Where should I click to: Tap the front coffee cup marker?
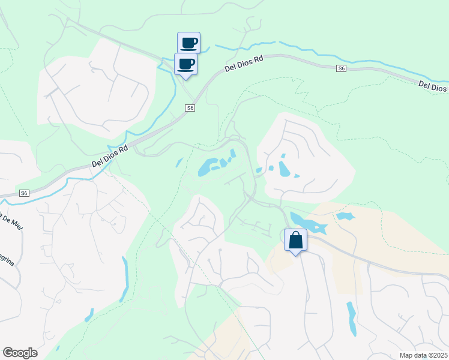(x=186, y=64)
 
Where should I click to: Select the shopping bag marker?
(x=295, y=241)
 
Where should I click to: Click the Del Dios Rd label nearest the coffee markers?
(x=244, y=64)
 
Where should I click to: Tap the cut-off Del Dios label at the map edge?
(x=433, y=86)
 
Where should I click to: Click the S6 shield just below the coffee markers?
(x=190, y=108)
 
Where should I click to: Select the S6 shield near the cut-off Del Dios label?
(x=341, y=69)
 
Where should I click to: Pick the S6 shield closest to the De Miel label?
(x=23, y=193)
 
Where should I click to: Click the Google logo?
(x=19, y=353)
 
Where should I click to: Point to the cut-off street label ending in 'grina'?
(x=8, y=262)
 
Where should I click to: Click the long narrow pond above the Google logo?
(x=124, y=279)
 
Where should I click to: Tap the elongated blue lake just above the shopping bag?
(x=307, y=223)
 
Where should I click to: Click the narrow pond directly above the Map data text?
(x=351, y=318)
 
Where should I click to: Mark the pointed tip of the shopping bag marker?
(x=295, y=255)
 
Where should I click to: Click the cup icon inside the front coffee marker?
(x=186, y=62)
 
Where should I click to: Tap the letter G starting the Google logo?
(x=8, y=353)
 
